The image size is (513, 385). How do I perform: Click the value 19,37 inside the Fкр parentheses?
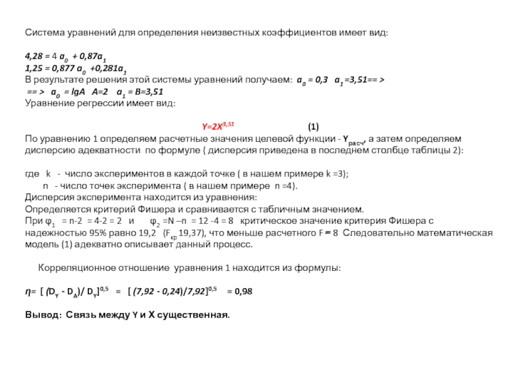click(x=190, y=234)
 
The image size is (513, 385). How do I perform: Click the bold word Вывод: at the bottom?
click(x=44, y=316)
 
